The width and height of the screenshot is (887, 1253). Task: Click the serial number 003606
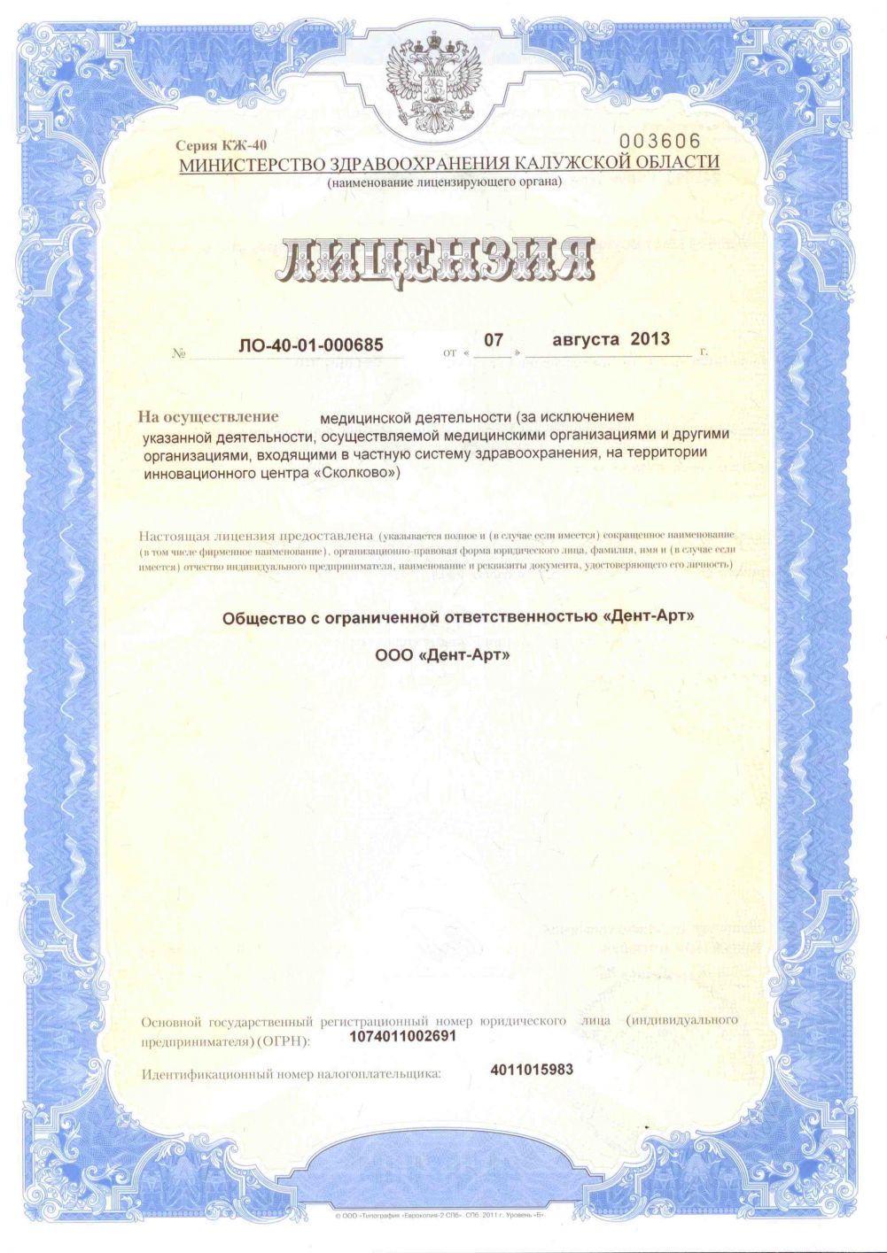pos(659,142)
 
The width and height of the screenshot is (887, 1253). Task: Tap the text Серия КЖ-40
pos(221,145)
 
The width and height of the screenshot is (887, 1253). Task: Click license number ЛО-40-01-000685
pos(311,345)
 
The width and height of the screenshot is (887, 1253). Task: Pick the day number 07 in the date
pos(493,339)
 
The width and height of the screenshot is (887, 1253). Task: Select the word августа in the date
pos(586,339)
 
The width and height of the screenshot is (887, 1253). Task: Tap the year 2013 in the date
pos(650,339)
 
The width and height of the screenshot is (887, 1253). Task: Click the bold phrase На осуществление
pos(208,416)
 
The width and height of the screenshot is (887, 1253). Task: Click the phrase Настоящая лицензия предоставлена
pos(256,536)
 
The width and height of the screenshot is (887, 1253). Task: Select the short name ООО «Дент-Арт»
pos(443,656)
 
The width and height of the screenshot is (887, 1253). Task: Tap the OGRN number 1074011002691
pos(403,1036)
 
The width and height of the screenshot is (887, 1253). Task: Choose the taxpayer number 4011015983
pos(532,1070)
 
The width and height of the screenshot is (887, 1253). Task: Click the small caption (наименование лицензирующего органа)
pos(444,182)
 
